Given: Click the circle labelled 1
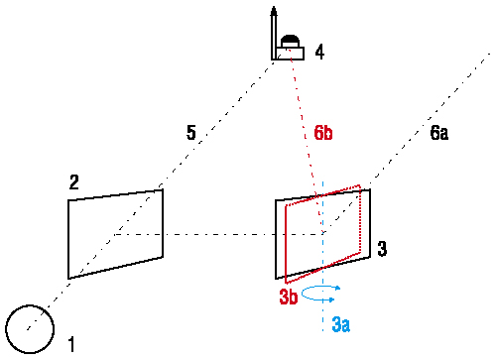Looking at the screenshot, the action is (x=30, y=305).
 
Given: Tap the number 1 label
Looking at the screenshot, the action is (x=71, y=344).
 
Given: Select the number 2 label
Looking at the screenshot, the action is (x=74, y=181).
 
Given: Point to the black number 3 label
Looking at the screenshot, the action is (x=382, y=249).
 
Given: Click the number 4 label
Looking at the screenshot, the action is (x=319, y=52).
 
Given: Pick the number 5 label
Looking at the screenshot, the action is (x=191, y=133).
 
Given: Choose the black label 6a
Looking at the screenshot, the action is (x=439, y=133).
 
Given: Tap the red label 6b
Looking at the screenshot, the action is (x=323, y=133).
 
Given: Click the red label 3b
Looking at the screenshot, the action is (x=289, y=297).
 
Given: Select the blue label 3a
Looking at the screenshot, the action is (x=341, y=324).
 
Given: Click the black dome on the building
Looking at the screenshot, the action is (x=290, y=41).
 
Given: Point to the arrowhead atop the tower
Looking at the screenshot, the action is (x=274, y=11).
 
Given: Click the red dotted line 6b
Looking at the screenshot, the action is (x=306, y=139).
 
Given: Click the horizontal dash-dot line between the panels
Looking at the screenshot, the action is (x=218, y=234).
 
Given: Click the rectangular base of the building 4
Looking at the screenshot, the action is (x=290, y=54).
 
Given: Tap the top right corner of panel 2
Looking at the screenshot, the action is (x=163, y=189).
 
